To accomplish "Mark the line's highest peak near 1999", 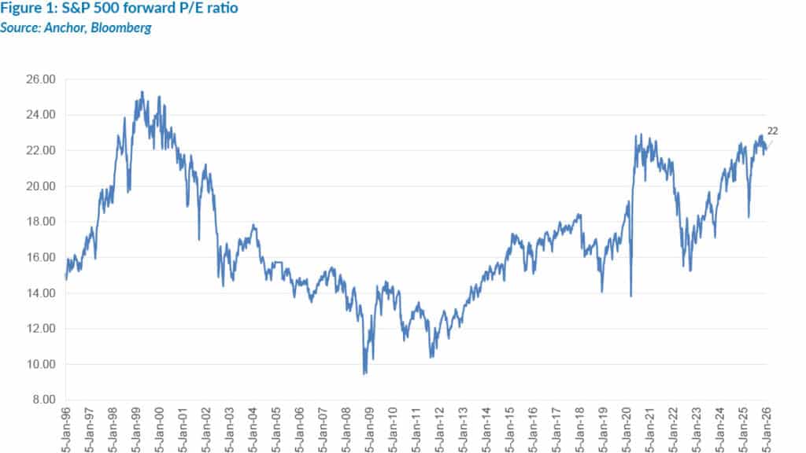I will coord(142,91).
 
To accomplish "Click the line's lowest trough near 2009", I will coord(364,374).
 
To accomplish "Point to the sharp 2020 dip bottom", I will coord(631,296).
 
